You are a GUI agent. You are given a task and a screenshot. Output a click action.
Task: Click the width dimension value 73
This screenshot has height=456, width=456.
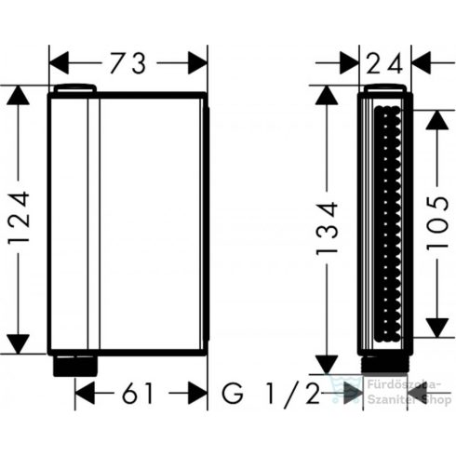tap(127, 63)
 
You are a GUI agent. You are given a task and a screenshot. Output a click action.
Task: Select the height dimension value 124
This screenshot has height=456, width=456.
tap(20, 220)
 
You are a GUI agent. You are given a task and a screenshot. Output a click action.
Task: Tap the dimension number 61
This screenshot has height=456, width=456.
tap(141, 394)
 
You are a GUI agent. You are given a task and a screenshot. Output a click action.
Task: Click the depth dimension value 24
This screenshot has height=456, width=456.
tap(384, 63)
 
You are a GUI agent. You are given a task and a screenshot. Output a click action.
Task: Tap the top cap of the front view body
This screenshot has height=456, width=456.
tap(74, 88)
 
